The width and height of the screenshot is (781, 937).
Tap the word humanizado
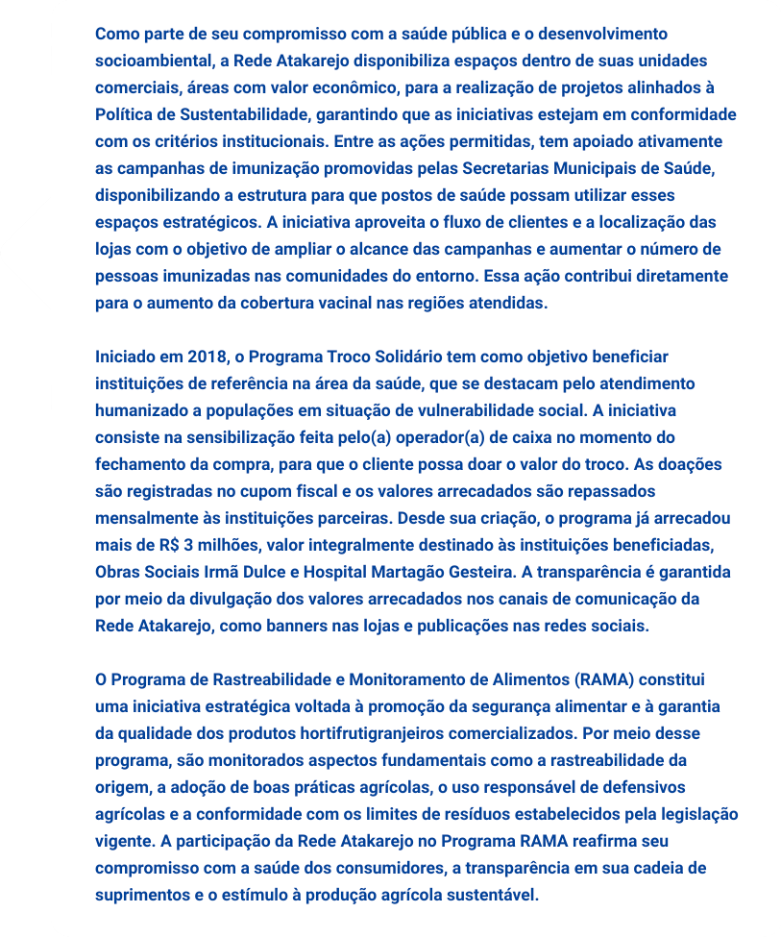point(142,410)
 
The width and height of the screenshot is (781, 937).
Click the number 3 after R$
point(188,545)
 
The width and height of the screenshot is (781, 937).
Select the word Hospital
point(341,572)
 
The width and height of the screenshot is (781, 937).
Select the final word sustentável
point(490,895)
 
